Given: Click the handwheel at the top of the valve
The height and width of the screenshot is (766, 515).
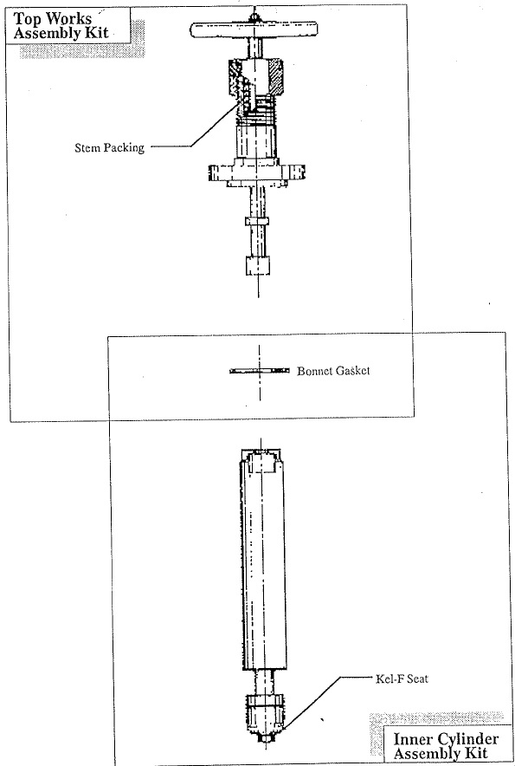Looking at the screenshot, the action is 254,29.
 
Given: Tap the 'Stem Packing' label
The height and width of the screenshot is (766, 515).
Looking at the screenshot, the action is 109,147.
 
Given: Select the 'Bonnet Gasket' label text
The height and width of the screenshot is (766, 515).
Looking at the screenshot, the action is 333,371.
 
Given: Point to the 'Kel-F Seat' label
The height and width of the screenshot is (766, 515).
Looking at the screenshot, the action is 402,678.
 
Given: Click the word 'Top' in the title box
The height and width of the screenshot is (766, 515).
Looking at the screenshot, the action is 29,20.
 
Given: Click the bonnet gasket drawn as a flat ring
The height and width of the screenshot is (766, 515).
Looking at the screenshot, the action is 259,371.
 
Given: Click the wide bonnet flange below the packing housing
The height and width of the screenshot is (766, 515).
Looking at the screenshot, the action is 257,172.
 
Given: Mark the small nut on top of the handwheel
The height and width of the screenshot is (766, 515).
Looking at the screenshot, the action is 254,17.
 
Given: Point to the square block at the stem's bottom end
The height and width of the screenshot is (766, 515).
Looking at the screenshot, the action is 257,265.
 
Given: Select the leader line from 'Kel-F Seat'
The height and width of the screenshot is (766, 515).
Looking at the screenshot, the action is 326,702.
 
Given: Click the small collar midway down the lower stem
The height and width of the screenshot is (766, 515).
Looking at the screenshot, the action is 257,221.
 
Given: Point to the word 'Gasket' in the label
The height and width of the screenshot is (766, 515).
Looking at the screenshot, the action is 351,371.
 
